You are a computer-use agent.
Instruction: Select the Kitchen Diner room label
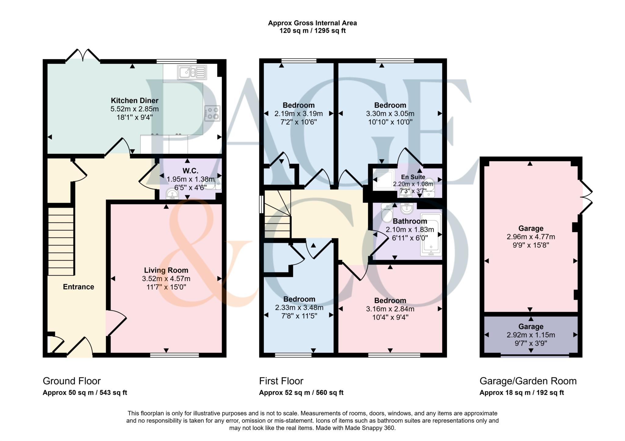tap(135, 100)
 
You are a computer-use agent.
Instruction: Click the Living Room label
tap(166, 270)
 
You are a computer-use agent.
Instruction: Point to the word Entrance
tap(78, 287)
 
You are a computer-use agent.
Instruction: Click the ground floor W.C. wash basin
tap(173, 193)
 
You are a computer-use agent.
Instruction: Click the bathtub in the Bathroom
tap(431, 234)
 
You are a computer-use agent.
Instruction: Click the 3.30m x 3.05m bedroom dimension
tap(390, 114)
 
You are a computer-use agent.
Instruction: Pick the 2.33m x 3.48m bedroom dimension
tap(299, 308)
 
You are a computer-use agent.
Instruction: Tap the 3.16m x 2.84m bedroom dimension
tap(390, 309)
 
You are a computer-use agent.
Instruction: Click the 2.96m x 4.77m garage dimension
tap(531, 237)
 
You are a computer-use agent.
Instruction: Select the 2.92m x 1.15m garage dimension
tap(531, 335)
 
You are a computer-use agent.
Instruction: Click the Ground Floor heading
tap(72, 381)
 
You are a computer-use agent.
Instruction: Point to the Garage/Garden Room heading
tap(528, 381)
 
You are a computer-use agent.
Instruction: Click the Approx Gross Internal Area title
tap(312, 23)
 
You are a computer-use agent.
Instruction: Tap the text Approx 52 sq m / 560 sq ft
tap(301, 393)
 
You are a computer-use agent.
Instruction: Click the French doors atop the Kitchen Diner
tap(83, 56)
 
